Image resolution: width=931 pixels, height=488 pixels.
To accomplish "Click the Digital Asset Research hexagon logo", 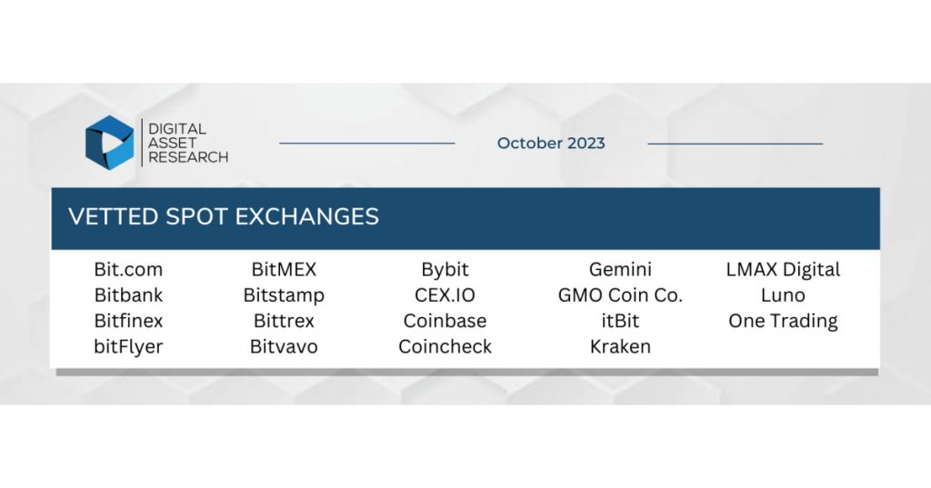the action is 110,143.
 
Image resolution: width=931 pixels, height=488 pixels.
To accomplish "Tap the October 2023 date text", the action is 551,143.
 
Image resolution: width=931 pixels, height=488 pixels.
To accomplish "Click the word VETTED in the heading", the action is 114,216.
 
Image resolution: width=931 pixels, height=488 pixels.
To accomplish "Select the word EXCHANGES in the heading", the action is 307,216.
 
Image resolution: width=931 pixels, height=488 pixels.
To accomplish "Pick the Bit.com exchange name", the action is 128,270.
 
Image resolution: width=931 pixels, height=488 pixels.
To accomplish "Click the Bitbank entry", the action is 128,295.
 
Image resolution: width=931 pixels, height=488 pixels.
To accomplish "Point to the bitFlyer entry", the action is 128,346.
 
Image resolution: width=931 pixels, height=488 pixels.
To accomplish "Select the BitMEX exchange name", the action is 284,270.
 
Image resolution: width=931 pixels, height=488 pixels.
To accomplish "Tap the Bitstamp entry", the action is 284,295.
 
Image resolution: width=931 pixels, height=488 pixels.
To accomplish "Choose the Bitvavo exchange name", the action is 284,346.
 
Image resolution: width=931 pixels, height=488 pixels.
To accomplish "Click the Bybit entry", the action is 445,270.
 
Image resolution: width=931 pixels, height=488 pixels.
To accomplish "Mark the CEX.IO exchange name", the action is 445,295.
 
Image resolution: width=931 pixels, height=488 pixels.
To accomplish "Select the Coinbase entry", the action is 445,321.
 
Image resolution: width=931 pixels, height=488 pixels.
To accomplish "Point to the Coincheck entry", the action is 445,346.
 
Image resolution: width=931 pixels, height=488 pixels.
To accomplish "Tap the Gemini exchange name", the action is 620,270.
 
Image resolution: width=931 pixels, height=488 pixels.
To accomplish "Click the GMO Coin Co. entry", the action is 620,295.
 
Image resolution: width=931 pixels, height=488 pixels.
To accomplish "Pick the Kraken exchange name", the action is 620,346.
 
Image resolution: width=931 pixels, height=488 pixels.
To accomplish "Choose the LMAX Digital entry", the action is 783,270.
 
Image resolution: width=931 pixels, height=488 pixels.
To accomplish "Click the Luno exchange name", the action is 783,295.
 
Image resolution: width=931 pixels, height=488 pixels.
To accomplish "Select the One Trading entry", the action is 783,321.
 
